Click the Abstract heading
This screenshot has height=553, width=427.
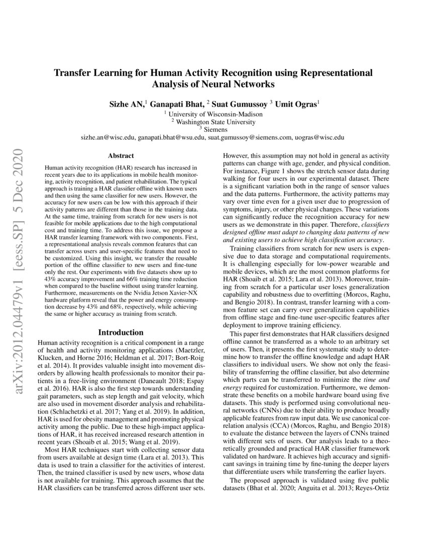(x=121, y=156)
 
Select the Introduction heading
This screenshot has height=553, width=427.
(x=121, y=332)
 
